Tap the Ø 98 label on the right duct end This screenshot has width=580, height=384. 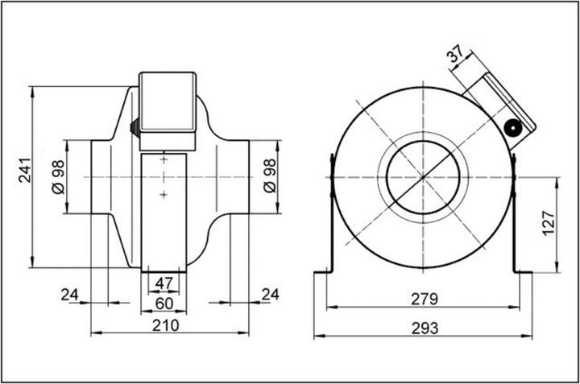[269, 175]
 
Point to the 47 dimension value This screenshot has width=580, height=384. [164, 283]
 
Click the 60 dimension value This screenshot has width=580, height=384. [164, 303]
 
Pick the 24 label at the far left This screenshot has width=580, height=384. [70, 295]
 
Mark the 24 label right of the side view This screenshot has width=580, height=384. [269, 295]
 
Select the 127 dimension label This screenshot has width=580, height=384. [548, 223]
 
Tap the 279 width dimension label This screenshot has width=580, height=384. [424, 299]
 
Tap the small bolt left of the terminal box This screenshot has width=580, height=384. [134, 126]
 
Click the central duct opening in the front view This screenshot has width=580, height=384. [424, 175]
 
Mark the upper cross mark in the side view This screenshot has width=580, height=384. [164, 160]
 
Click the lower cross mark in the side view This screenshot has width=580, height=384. [164, 194]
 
